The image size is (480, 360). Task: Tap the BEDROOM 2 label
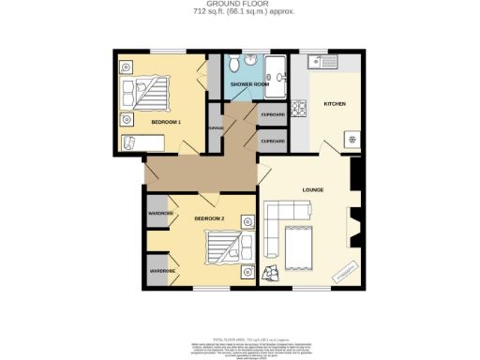point(209,218)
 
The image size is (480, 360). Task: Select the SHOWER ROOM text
point(250,84)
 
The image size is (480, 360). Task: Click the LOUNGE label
point(313,190)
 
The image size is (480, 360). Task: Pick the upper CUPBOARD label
point(273,113)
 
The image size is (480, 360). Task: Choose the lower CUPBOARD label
point(273,142)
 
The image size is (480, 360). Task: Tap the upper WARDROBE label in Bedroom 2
point(161,214)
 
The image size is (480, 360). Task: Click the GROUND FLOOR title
point(239,5)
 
